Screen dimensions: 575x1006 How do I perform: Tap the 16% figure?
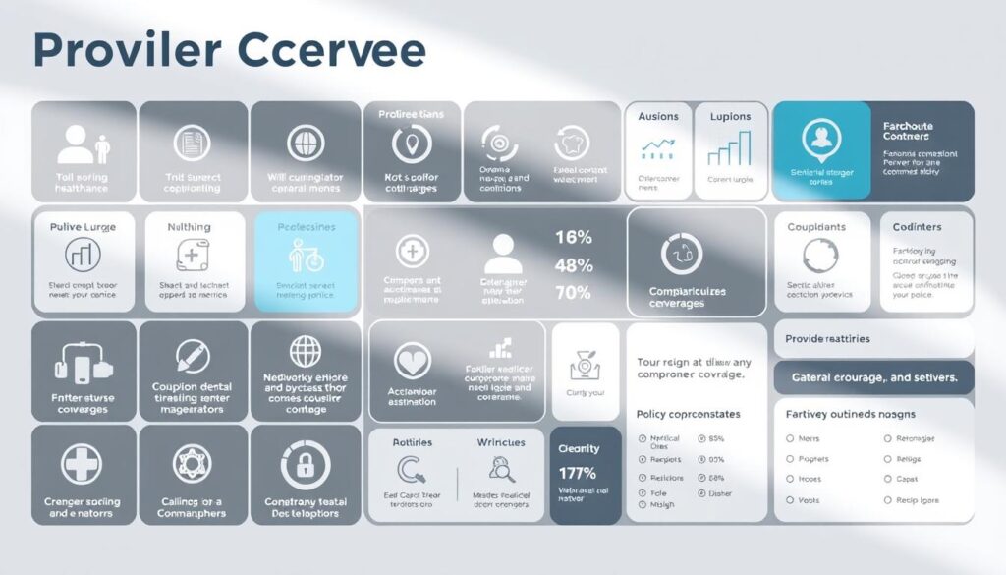574,237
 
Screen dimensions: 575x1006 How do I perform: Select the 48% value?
574,265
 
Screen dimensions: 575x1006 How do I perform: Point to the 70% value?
574,293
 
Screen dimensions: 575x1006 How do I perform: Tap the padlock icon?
306,463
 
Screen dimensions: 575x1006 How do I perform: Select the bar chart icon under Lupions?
728,149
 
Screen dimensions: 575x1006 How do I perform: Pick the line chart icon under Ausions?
658,149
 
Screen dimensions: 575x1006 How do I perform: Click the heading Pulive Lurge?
83,227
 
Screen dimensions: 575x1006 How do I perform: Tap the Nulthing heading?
189,227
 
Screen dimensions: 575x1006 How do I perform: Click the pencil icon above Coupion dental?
194,355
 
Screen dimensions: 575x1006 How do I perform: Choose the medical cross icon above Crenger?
83,462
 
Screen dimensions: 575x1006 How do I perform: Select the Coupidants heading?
815,227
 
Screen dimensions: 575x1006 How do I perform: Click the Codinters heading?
917,227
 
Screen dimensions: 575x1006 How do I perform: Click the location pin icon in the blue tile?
821,139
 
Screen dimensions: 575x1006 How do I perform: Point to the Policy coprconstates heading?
688,414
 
